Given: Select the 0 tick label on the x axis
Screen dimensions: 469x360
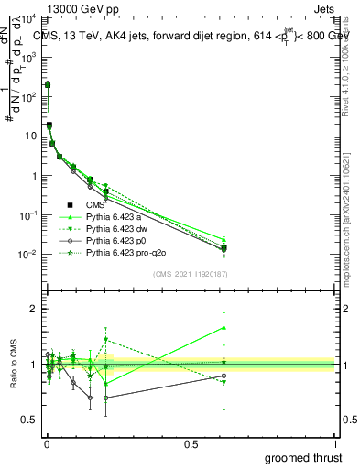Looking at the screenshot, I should tap(47, 444).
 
